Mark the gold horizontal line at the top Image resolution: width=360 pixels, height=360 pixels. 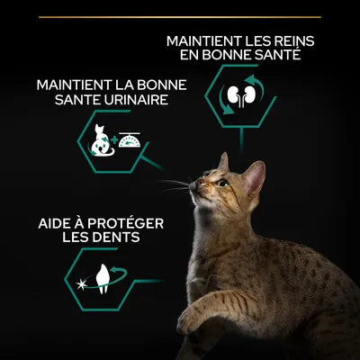point(179,16)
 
